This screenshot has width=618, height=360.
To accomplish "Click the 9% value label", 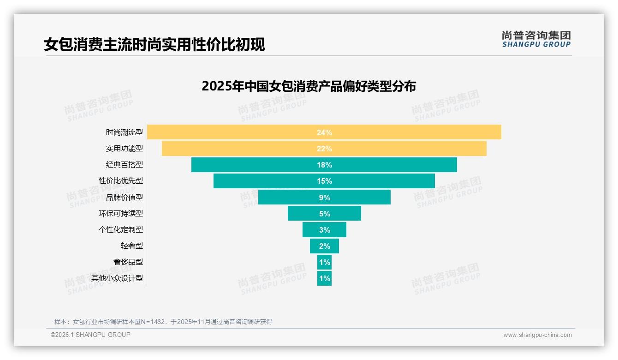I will (324, 198).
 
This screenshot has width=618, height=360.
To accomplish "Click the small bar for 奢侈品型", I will (324, 262).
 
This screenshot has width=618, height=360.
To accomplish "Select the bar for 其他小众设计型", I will (324, 278).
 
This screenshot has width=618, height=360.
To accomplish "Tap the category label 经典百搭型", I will (125, 165).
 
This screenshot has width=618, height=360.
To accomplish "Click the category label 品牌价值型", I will (125, 198).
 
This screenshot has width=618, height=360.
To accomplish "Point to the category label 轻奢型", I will (132, 246).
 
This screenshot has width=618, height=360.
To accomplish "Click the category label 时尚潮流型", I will (125, 132).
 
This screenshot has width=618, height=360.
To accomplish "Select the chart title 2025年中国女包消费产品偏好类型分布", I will (309, 86).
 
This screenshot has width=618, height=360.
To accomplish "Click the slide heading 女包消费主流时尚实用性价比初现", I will (154, 45).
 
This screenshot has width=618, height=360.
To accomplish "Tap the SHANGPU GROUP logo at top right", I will (536, 39).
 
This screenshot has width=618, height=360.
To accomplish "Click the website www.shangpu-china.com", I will (537, 335).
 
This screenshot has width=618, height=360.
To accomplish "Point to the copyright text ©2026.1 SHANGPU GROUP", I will (90, 335).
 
